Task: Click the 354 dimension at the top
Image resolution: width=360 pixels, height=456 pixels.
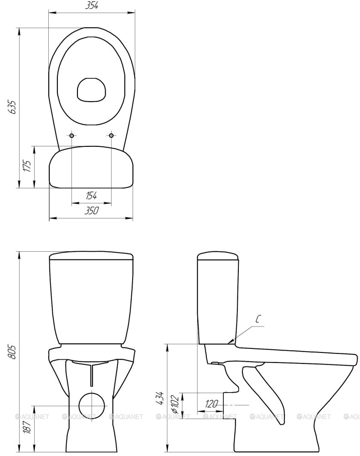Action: (92, 5)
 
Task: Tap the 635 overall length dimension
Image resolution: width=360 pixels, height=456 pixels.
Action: (12, 108)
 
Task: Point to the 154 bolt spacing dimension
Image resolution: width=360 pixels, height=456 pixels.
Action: (91, 196)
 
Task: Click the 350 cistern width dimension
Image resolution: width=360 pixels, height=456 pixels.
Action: (92, 211)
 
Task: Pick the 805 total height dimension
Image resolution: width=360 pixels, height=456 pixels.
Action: (12, 352)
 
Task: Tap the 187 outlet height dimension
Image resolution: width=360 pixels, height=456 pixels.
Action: (27, 426)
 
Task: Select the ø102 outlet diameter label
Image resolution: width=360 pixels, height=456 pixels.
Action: (175, 404)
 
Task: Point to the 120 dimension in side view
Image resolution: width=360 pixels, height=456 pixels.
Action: (211, 404)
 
